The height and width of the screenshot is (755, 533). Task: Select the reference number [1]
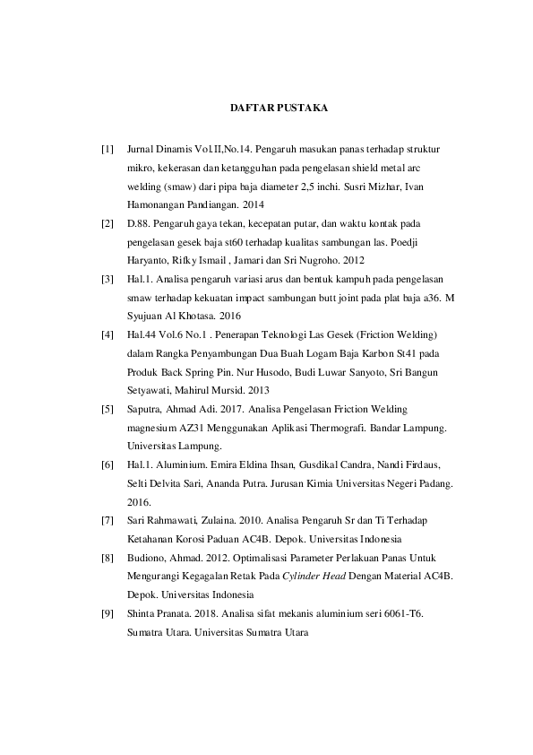click(x=107, y=147)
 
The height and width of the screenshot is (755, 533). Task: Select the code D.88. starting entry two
click(x=140, y=221)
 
